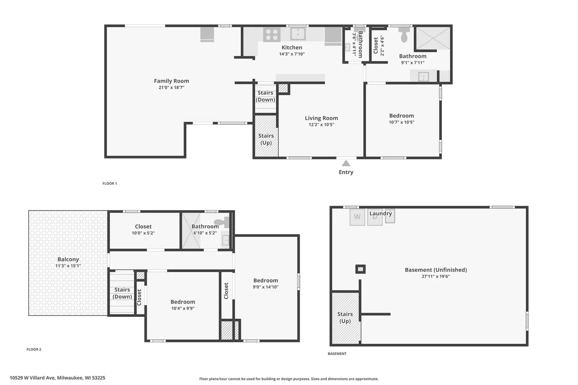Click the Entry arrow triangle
tap(346, 163)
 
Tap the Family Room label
tap(172, 81)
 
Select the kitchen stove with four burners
tap(272, 35)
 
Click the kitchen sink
tap(298, 34)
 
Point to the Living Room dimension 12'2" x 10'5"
tap(322, 125)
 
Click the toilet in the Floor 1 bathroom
tap(404, 35)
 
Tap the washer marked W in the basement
tap(357, 217)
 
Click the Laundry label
tap(381, 213)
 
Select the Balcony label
tap(68, 259)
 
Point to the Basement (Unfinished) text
tap(436, 270)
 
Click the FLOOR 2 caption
tap(34, 349)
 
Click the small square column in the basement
tap(361, 269)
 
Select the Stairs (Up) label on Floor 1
tap(266, 139)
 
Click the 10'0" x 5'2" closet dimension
tap(143, 233)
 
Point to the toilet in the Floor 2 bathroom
tap(221, 222)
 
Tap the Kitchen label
tap(292, 47)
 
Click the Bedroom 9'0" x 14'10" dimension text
tap(266, 287)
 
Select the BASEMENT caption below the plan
tap(337, 354)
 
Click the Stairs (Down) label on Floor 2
tap(122, 293)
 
